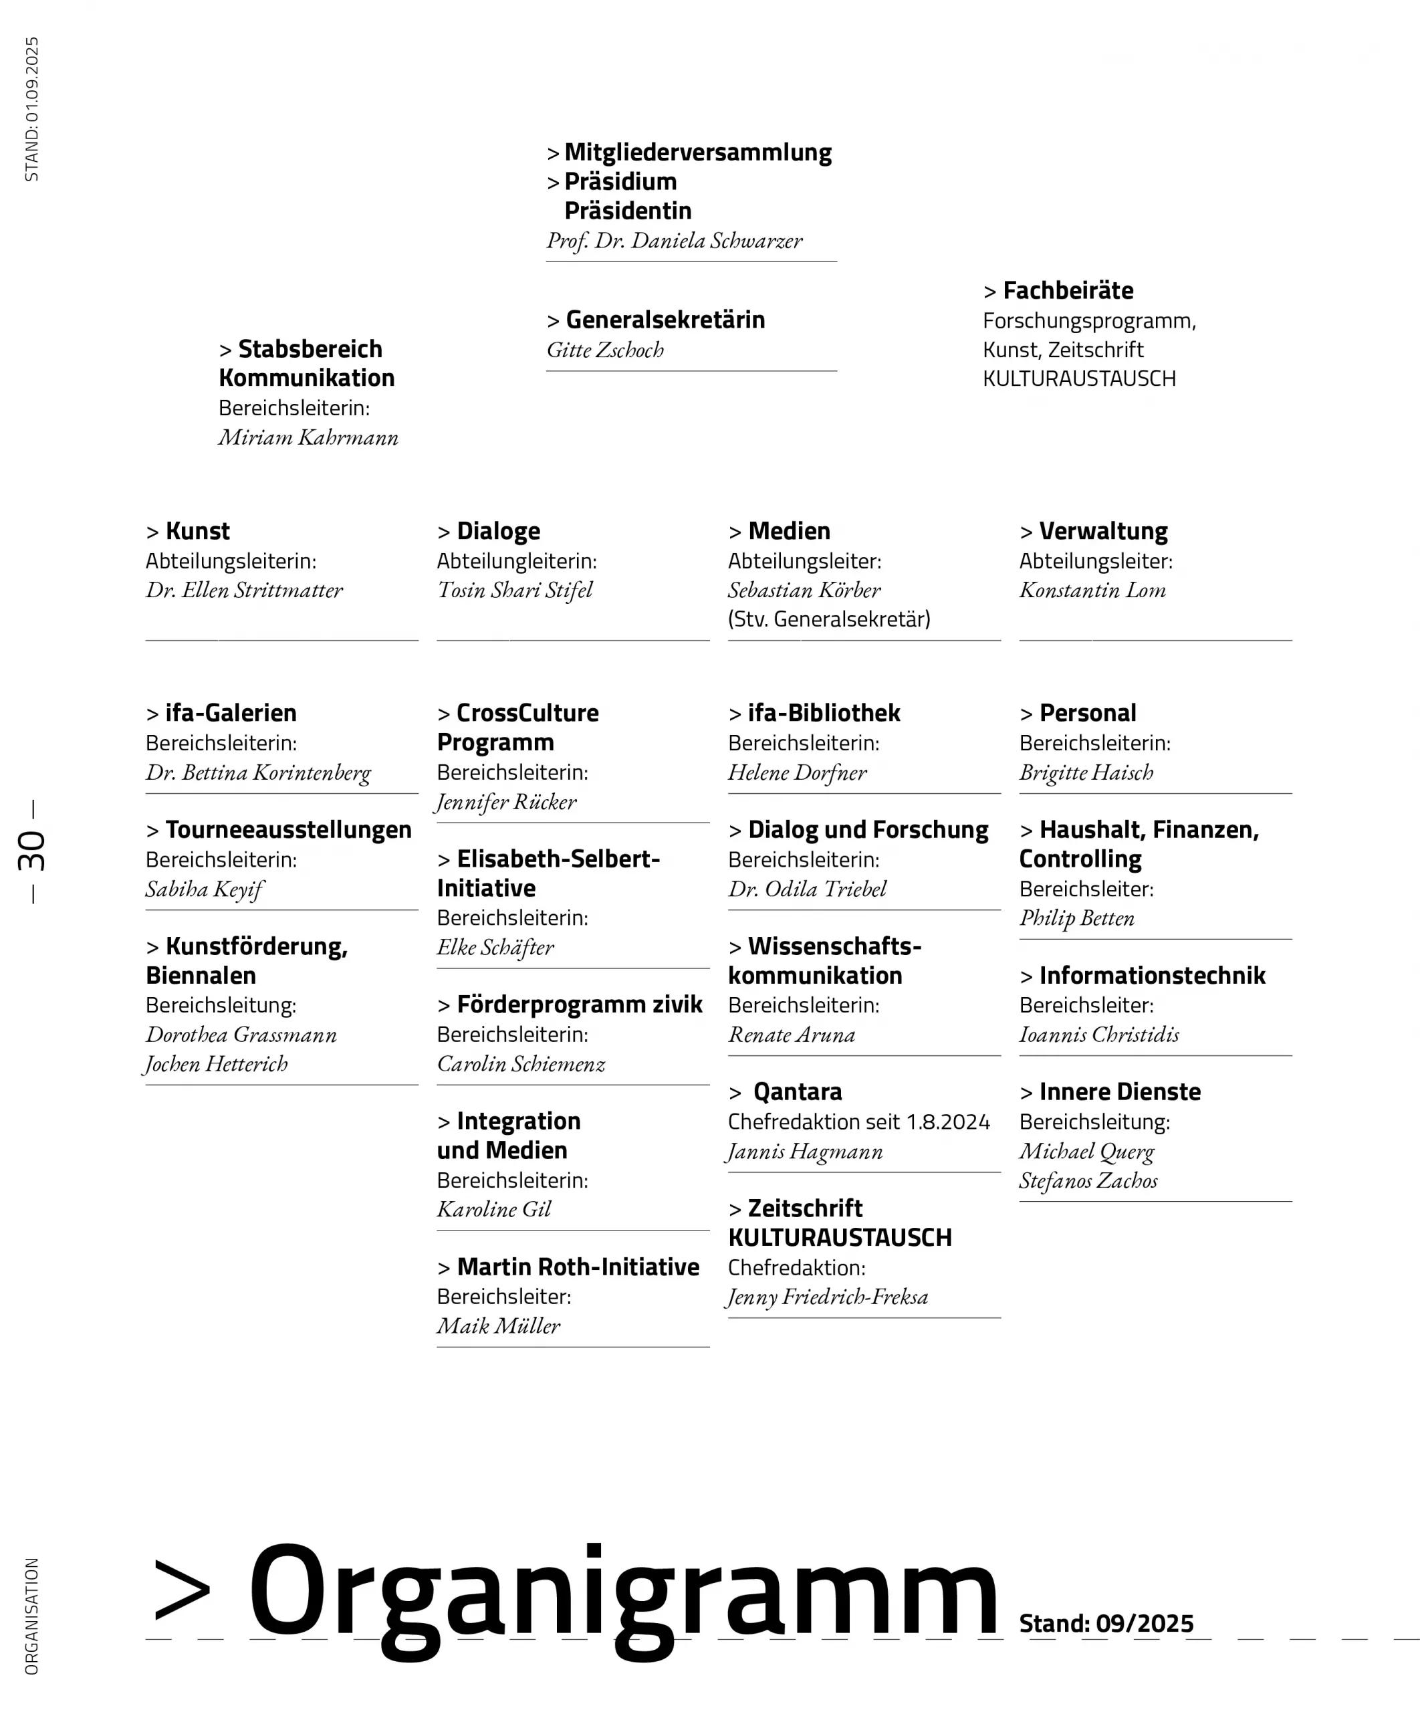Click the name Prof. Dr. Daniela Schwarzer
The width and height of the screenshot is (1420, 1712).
pos(674,241)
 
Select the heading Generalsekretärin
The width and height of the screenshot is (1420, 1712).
pos(665,320)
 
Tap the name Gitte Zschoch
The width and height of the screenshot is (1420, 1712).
pos(605,350)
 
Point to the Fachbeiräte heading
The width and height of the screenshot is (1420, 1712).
pos(1067,290)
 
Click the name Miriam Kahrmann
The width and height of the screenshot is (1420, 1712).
pos(308,438)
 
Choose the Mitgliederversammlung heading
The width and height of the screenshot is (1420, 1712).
pos(697,152)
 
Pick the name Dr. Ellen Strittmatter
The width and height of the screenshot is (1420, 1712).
pos(244,591)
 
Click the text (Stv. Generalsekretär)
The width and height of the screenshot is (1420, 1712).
pos(828,619)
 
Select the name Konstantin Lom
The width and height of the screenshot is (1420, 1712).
pos(1092,591)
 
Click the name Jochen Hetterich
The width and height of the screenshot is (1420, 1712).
pos(216,1064)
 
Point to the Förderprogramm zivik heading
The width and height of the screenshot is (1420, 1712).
pos(579,1004)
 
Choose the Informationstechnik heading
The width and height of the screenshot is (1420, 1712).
pos(1151,975)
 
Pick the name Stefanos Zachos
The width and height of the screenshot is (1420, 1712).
pos(1088,1180)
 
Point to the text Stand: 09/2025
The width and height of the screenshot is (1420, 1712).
pos(1105,1623)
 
